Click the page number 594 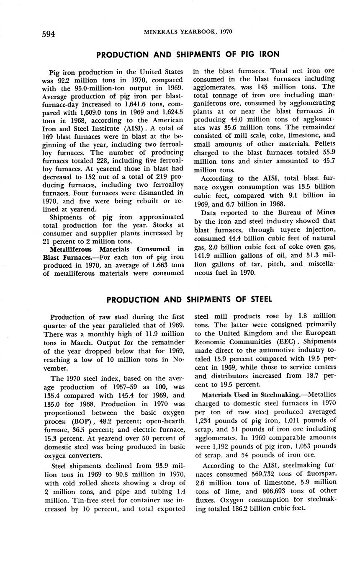[49, 34]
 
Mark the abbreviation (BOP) [86, 422]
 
